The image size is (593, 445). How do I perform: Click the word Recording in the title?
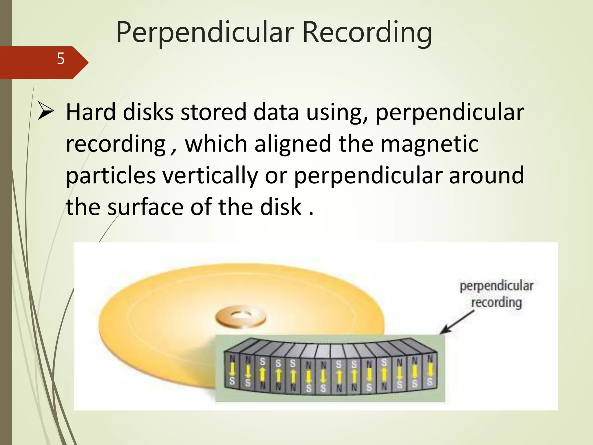point(367,32)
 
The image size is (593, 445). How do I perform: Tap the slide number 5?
point(61,59)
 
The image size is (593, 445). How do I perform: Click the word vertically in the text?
point(210,176)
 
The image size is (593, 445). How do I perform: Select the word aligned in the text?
point(293,144)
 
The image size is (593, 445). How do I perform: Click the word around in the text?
point(486,176)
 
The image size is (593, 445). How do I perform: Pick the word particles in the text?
point(111,176)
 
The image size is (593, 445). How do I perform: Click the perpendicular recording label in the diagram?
point(496,294)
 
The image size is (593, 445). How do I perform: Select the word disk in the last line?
point(281,207)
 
